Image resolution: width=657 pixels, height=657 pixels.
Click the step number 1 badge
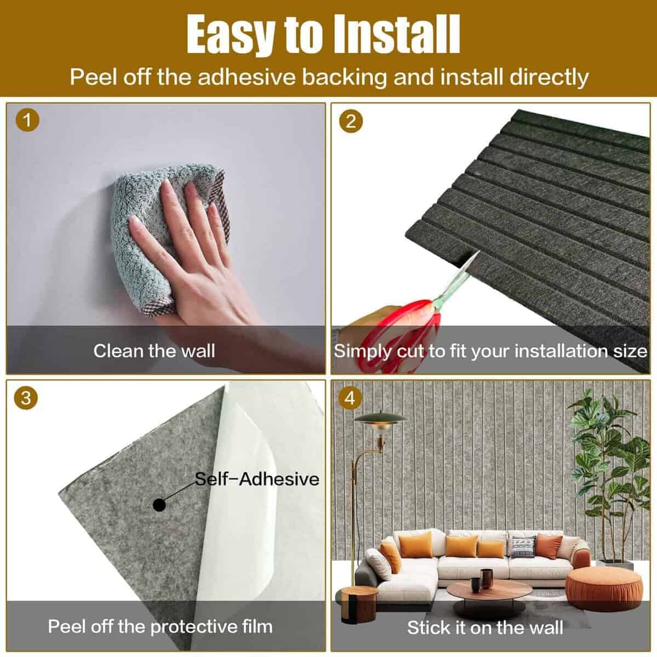pyautogui.click(x=27, y=120)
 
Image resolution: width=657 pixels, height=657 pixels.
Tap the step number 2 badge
pyautogui.click(x=351, y=122)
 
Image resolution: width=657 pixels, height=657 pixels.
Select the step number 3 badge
pyautogui.click(x=26, y=398)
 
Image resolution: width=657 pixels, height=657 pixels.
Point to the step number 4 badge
pyautogui.click(x=350, y=398)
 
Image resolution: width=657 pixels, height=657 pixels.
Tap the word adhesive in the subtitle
pyautogui.click(x=246, y=77)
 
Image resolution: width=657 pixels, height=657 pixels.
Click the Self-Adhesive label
pyautogui.click(x=257, y=480)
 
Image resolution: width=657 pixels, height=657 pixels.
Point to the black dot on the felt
pyautogui.click(x=159, y=505)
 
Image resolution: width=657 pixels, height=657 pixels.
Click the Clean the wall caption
pyautogui.click(x=154, y=351)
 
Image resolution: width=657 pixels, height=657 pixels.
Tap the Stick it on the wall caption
pyautogui.click(x=485, y=627)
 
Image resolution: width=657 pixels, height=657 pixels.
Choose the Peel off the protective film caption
pyautogui.click(x=160, y=626)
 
